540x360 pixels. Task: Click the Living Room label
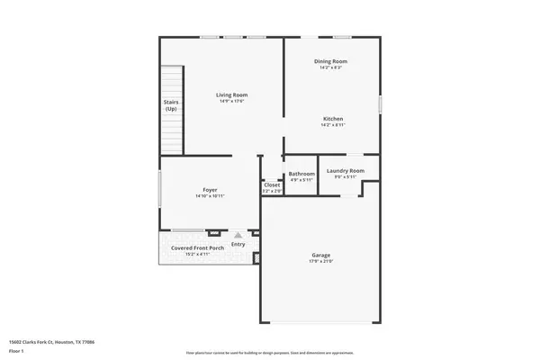[231, 94]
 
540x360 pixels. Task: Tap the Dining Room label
[330, 61]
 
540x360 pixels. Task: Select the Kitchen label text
[332, 118]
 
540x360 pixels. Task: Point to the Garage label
[320, 255]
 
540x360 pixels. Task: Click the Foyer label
[210, 190]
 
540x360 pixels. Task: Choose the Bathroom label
[301, 173]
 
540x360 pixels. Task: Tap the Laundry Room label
[346, 170]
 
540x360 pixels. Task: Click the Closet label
[272, 184]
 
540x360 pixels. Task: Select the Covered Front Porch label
[197, 247]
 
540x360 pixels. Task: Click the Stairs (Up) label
[171, 105]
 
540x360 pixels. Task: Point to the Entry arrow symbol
[238, 236]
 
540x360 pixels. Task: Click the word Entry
[238, 244]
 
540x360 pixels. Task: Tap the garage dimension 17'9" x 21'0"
[320, 262]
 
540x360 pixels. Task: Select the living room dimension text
[231, 101]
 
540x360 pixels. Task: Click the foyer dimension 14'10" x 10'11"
[210, 196]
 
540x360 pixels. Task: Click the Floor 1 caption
[18, 350]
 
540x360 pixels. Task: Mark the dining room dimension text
[330, 67]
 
